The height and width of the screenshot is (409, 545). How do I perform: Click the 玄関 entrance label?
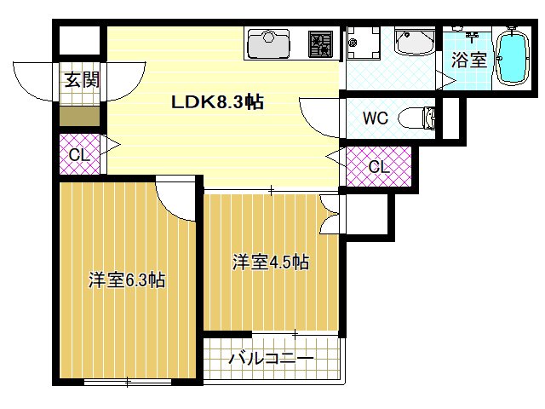click(82, 81)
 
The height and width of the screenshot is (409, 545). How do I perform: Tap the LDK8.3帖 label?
click(217, 103)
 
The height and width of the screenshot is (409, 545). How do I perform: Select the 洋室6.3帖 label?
click(127, 280)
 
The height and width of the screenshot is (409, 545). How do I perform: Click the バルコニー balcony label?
click(271, 360)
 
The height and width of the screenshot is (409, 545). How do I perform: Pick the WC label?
click(376, 118)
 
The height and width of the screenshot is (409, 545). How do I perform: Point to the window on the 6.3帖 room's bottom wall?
click(128, 381)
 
